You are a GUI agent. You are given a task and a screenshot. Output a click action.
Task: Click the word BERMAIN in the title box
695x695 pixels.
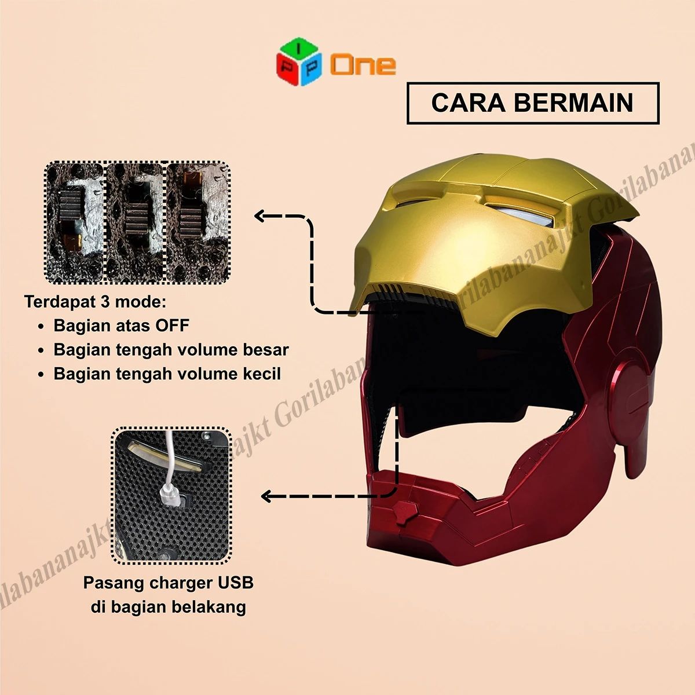573,103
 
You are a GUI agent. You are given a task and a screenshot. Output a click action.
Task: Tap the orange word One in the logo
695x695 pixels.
363,65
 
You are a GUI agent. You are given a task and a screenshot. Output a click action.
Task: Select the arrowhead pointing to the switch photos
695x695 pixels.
261,216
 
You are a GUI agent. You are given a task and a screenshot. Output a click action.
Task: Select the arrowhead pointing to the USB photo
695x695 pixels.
267,496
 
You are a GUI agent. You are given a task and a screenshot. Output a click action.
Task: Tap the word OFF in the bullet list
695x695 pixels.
172,325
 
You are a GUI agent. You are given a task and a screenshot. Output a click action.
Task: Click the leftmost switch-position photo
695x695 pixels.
75,222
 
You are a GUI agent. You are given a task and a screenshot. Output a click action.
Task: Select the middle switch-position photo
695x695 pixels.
136,222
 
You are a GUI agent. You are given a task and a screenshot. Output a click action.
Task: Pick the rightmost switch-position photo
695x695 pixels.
198,222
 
